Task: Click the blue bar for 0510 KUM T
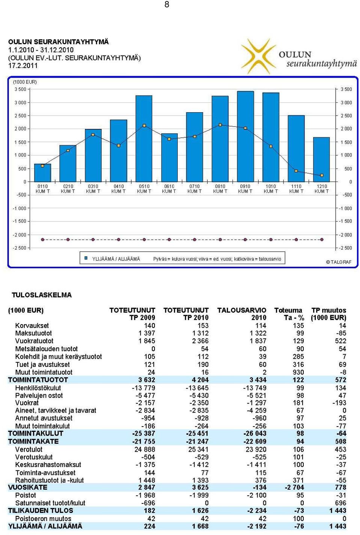pyautogui.click(x=144, y=138)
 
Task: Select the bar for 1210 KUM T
pyautogui.click(x=321, y=159)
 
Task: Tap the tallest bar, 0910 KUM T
pyautogui.click(x=245, y=137)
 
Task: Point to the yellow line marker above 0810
pyautogui.click(x=220, y=125)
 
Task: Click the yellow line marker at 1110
pyautogui.click(x=296, y=171)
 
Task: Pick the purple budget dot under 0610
pyautogui.click(x=169, y=239)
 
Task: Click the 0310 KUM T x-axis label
pyautogui.click(x=93, y=189)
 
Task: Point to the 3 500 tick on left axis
pyautogui.click(x=21, y=89)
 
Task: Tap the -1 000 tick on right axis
pyautogui.click(x=345, y=208)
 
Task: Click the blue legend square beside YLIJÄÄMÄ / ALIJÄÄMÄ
pyautogui.click(x=86, y=258)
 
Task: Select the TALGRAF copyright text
pyautogui.click(x=339, y=262)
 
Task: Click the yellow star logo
pyautogui.click(x=258, y=56)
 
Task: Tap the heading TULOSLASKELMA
pyautogui.click(x=42, y=295)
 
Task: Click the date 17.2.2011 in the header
pyautogui.click(x=23, y=66)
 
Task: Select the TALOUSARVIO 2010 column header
pyautogui.click(x=241, y=314)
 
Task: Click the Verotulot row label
pyautogui.click(x=28, y=449)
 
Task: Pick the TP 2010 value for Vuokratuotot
pyautogui.click(x=200, y=341)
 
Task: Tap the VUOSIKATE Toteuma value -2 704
pyautogui.click(x=294, y=487)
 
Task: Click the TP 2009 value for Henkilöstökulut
pyautogui.click(x=144, y=388)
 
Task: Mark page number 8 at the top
pyautogui.click(x=166, y=4)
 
